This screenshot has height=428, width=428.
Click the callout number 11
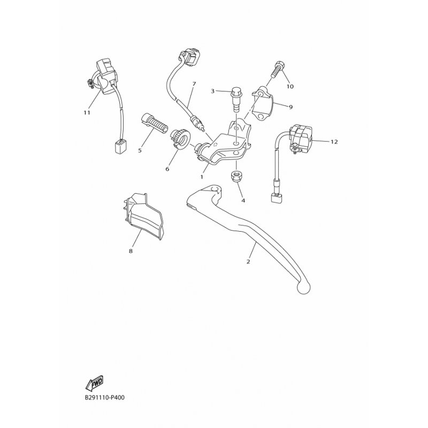87,112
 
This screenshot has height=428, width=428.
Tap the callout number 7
194,84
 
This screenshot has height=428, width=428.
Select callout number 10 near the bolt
290,87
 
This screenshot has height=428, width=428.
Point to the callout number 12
334,142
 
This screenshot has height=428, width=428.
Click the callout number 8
131,251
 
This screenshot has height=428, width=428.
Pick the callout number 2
248,262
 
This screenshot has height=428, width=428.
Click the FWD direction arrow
94,383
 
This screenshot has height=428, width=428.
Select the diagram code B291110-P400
104,398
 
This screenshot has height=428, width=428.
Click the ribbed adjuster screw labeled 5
154,124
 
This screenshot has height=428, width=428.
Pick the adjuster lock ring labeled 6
179,139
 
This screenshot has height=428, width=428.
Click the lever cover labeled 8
143,215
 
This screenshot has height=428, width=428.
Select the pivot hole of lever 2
216,189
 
